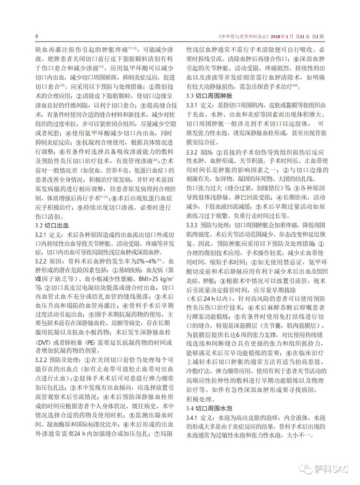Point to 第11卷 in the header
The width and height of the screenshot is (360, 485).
(x=301, y=36)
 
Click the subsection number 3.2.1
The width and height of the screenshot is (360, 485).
(x=41, y=235)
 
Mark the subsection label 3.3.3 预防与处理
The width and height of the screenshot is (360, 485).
(x=208, y=226)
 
